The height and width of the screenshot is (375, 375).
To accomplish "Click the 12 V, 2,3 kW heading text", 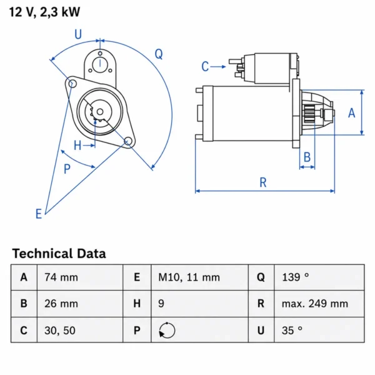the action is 44,12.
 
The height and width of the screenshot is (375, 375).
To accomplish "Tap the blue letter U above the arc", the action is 78,34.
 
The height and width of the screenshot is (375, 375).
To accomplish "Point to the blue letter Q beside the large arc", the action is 159,54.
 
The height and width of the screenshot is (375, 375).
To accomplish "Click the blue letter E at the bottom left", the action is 39,214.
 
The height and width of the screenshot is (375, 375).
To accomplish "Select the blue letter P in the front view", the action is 67,169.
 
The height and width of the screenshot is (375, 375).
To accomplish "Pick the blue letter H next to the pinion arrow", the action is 77,146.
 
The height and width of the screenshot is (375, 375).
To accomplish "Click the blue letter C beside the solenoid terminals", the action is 205,66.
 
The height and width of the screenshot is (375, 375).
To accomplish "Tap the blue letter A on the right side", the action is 351,113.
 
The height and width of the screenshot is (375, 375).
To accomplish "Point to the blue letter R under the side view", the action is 263,182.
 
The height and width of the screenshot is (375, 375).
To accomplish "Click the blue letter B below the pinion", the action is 307,157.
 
